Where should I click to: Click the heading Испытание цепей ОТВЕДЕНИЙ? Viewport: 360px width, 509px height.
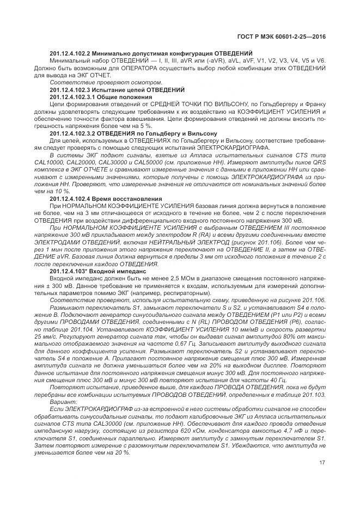pyautogui.click(x=137, y=89)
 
